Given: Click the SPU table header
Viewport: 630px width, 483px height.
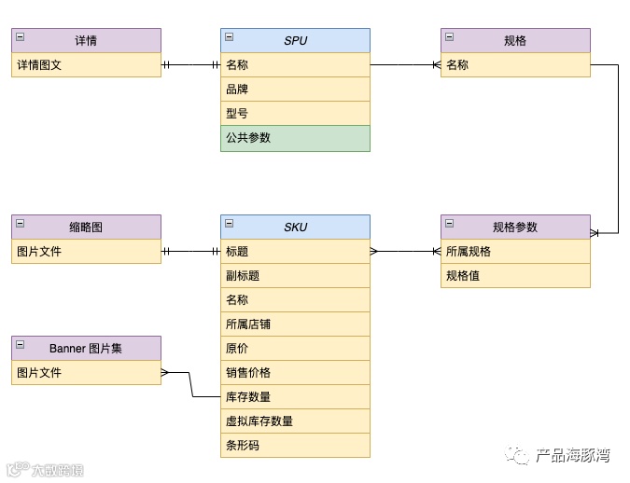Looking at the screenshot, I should click(295, 41).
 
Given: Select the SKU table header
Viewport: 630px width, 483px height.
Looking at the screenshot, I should click(295, 228).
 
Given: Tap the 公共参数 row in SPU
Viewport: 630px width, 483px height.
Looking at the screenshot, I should click(295, 138).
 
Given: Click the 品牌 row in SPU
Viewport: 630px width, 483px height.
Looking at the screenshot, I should click(295, 90).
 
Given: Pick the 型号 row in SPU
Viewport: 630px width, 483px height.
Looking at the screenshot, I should click(295, 114).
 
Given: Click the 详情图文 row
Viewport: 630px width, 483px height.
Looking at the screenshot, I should click(86, 65).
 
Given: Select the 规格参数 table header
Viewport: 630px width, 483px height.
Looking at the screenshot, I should click(515, 228).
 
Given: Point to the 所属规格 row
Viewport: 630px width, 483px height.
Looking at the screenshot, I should click(515, 252).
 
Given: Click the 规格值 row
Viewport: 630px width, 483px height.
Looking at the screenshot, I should click(515, 276).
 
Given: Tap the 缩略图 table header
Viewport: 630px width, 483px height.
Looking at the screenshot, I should click(86, 228).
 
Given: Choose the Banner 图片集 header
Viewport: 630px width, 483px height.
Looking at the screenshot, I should click(86, 349).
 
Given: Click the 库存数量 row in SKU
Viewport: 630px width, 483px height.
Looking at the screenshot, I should click(295, 397).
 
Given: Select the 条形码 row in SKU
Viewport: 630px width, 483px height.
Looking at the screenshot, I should click(295, 446).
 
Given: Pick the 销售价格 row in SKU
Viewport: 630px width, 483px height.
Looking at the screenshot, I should click(295, 373).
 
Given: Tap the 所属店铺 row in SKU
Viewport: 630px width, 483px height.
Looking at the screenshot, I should click(295, 324).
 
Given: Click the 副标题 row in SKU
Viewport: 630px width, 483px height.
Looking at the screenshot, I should click(295, 276).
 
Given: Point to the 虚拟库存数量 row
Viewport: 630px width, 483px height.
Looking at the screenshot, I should click(295, 421).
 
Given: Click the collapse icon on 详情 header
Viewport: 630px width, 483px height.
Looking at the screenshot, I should click(21, 37).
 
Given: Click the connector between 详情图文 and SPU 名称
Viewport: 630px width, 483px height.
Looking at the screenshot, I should click(190, 65).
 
